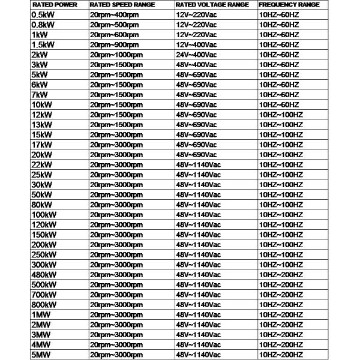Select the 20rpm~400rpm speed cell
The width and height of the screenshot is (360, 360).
(115, 14)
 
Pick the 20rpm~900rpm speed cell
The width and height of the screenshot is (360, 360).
(115, 44)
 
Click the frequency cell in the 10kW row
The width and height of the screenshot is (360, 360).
(278, 104)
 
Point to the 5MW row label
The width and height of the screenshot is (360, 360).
(41, 355)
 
